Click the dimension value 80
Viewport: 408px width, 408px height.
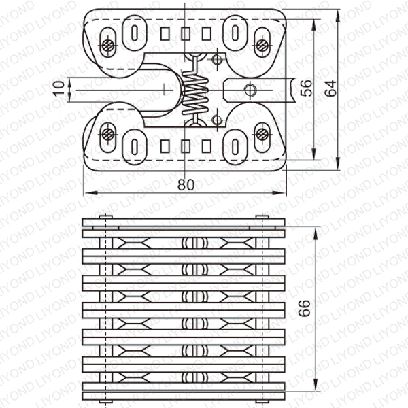click(186, 185)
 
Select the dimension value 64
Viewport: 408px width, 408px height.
click(330, 88)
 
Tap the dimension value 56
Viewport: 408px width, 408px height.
click(306, 88)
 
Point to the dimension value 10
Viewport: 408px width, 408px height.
click(59, 88)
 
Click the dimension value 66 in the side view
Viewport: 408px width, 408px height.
click(305, 308)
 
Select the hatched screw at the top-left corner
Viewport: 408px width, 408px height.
click(108, 46)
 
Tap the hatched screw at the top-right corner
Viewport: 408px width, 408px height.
click(262, 46)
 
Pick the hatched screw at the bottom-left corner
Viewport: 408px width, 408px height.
click(107, 135)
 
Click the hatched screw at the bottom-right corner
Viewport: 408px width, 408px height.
click(262, 135)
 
